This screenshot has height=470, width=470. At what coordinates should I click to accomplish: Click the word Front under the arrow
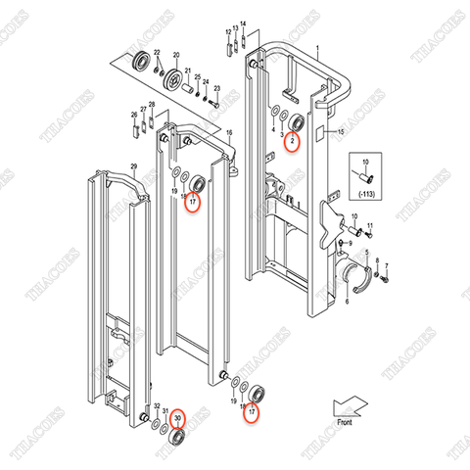[344, 422]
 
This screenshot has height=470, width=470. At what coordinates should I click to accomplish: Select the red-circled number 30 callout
[177, 418]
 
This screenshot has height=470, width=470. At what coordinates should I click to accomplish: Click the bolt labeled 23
[211, 97]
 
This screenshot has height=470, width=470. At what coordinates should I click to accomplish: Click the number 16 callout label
[228, 132]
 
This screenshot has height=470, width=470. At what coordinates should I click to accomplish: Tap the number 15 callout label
[342, 131]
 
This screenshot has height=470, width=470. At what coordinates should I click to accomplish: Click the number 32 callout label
[156, 405]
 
